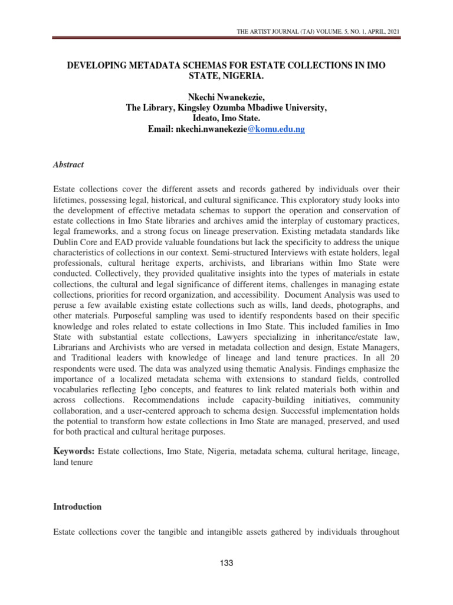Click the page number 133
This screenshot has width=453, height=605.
click(x=226, y=563)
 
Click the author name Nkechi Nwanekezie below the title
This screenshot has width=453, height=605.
click(x=226, y=97)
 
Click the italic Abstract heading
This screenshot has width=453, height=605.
click(x=68, y=165)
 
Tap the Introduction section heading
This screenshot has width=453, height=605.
click(x=77, y=506)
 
